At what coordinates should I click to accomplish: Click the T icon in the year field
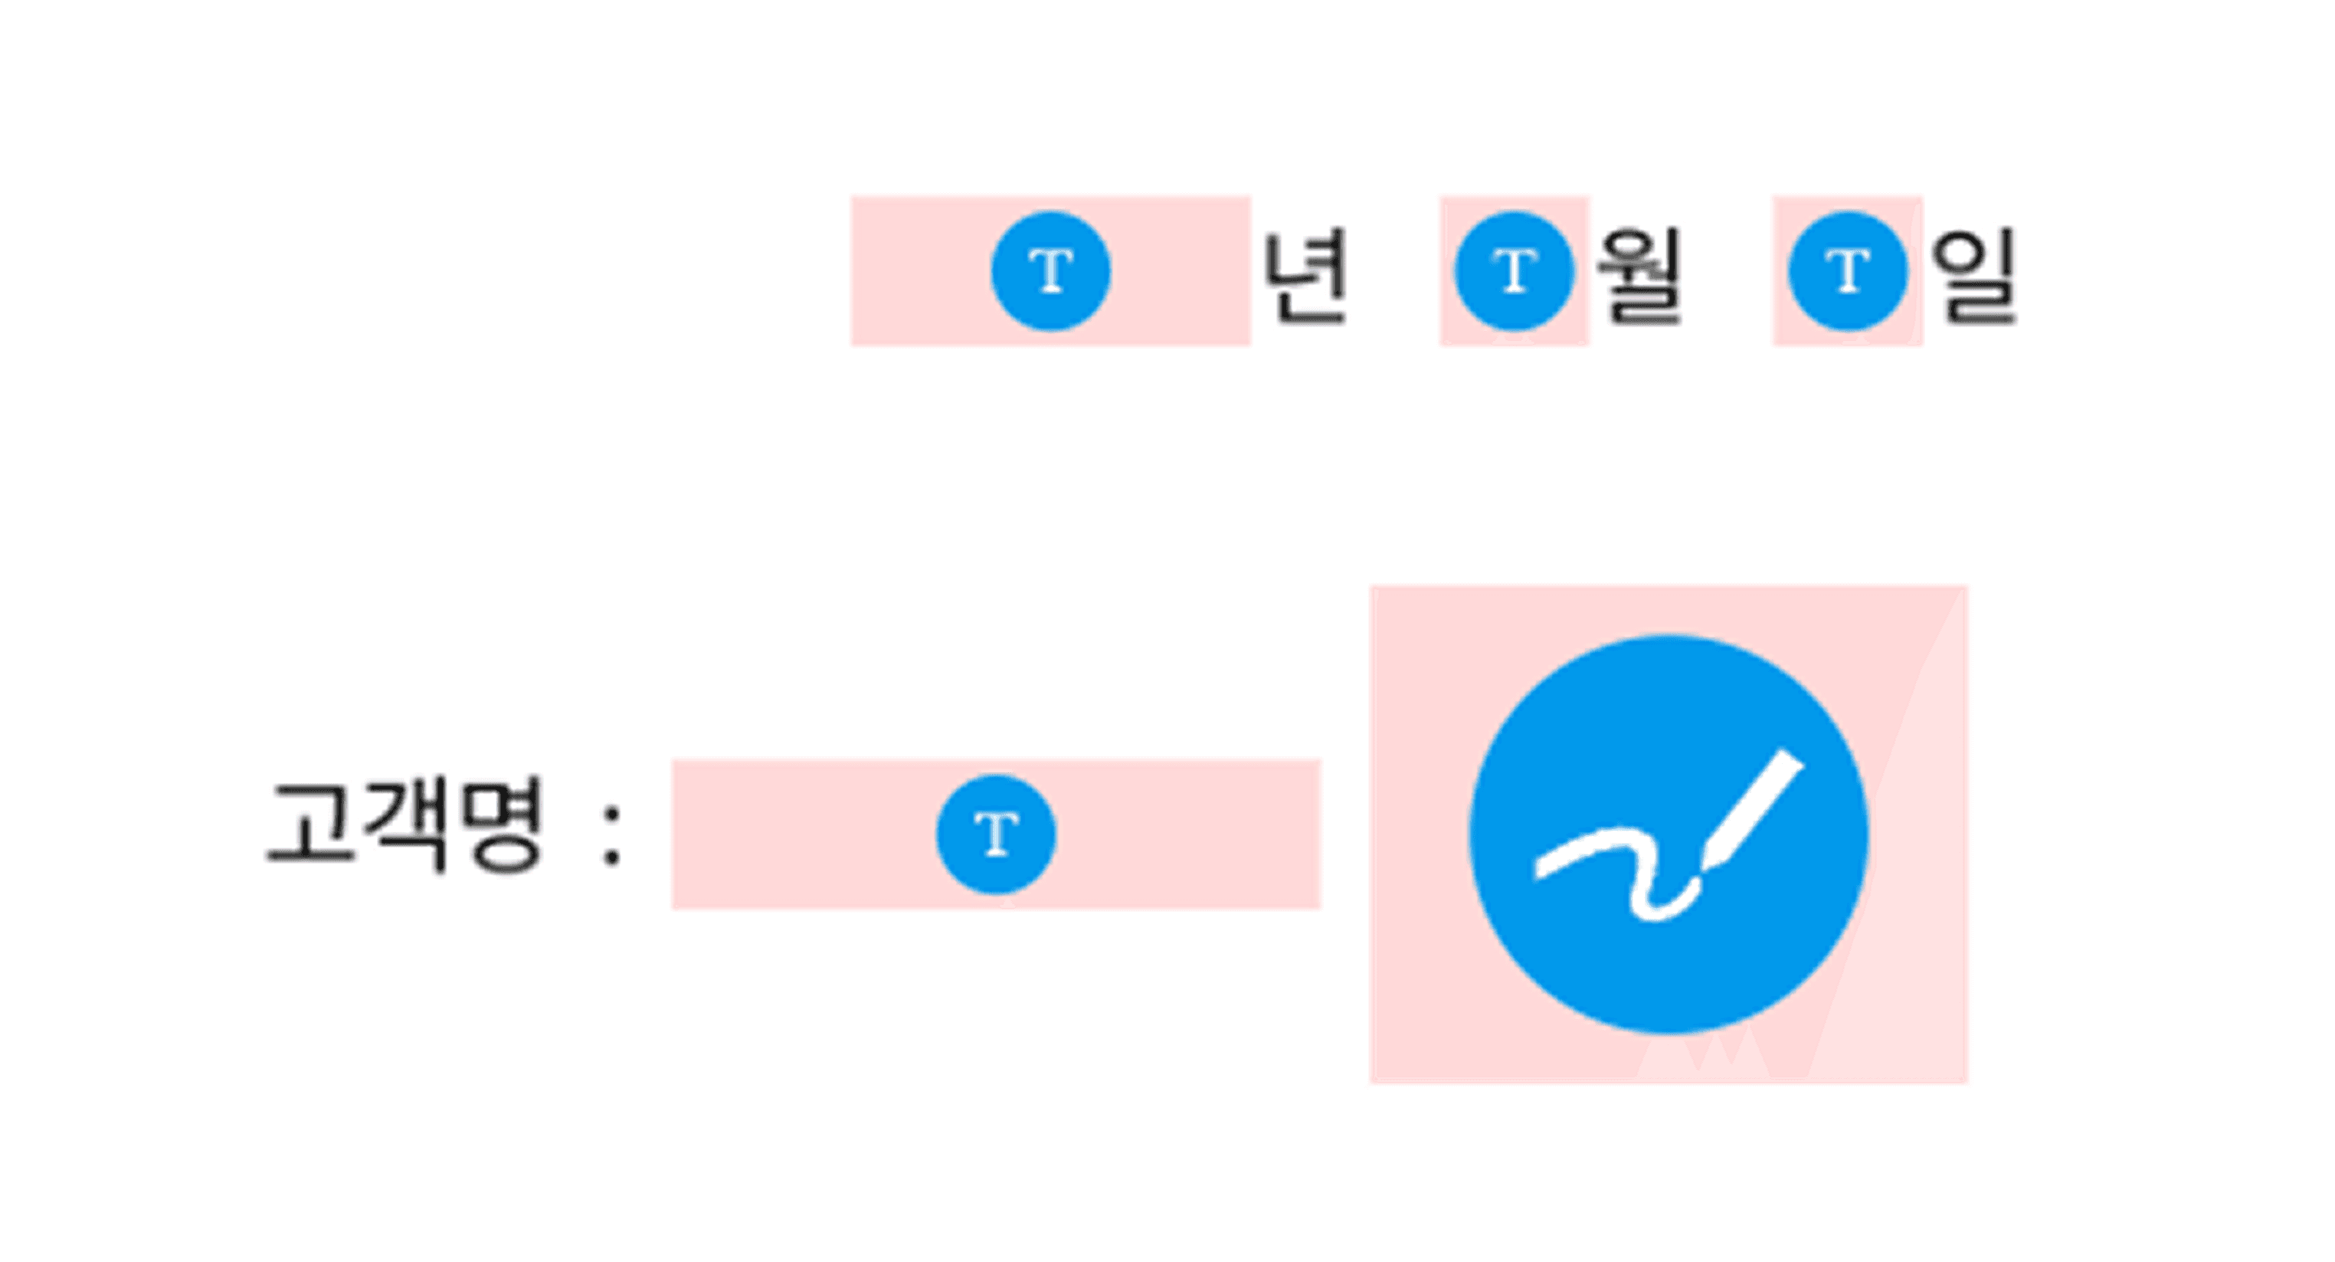(1050, 271)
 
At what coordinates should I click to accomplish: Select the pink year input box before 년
(915, 271)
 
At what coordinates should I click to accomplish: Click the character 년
(1305, 276)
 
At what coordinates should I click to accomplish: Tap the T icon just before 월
(1513, 271)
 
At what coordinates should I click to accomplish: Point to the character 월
(1639, 276)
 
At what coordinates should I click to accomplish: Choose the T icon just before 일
(1847, 271)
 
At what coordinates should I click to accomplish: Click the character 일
(1973, 276)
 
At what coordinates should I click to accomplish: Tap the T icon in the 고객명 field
(995, 834)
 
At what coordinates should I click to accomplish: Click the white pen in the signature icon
(1754, 807)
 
